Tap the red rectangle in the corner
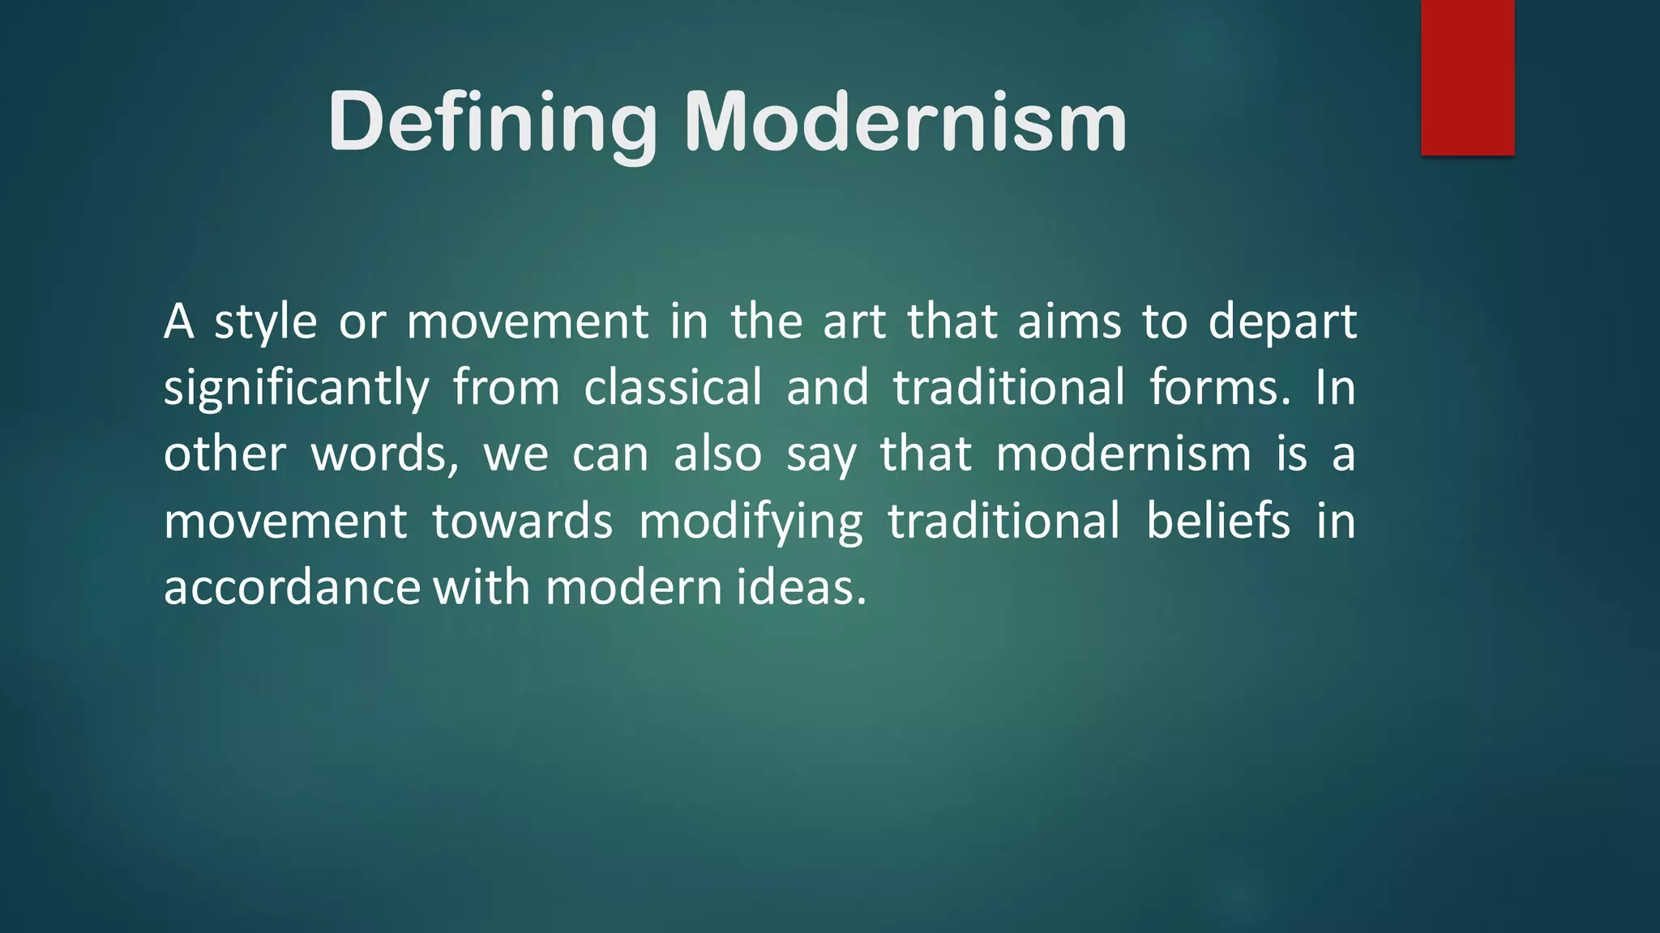point(1467,78)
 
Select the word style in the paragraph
point(265,322)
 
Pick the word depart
point(1281,323)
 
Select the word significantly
point(296,389)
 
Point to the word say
point(820,456)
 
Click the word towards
point(522,521)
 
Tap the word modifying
point(751,522)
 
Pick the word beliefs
point(1217,521)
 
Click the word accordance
point(292,587)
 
